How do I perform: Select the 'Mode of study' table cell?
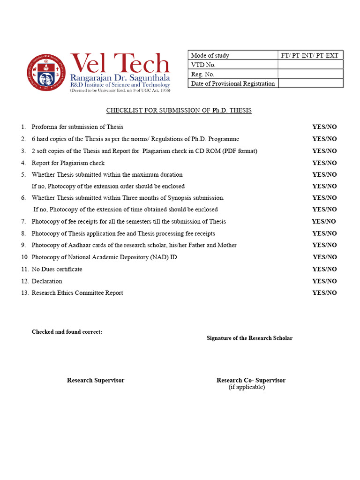coord(232,55)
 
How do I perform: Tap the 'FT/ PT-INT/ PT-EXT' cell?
coord(310,55)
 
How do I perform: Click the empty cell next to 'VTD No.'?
coord(310,65)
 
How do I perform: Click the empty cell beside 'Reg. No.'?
coord(310,74)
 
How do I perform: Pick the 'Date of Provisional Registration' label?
coord(232,83)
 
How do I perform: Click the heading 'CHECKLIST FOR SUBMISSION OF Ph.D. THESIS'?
coord(179,111)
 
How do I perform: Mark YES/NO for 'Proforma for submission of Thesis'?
coord(324,127)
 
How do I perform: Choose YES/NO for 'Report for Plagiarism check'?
coord(324,163)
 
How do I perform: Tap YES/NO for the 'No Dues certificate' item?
coord(324,269)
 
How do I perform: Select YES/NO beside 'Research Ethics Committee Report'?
coord(324,293)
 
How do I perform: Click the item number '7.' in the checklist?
coord(23,221)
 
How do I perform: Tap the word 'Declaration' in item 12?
coord(47,281)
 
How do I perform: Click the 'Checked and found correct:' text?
coord(67,332)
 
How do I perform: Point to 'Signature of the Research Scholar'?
coord(249,338)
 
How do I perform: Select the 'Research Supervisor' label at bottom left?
coord(96,380)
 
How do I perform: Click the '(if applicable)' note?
coord(247,387)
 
